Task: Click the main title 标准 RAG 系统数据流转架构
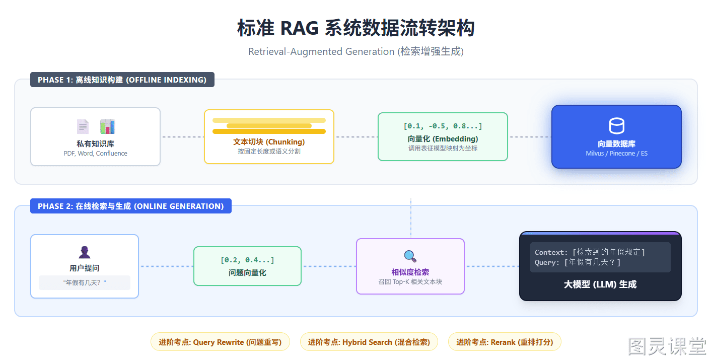[x=356, y=28]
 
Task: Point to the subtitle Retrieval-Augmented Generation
[x=321, y=51]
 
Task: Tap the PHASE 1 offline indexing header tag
[x=122, y=80]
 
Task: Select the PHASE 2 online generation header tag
[x=131, y=206]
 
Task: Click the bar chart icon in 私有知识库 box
[x=107, y=126]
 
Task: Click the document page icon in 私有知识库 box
[x=83, y=127]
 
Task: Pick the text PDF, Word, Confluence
[x=95, y=154]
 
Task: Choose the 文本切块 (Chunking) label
[x=269, y=142]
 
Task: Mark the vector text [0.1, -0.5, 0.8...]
[x=443, y=126]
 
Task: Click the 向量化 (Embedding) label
[x=443, y=139]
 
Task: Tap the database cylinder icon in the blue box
[x=617, y=126]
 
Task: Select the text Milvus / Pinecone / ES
[x=616, y=154]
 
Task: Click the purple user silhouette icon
[x=85, y=252]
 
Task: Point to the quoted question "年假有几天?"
[x=85, y=282]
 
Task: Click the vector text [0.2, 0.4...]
[x=247, y=260]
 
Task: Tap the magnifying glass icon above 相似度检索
[x=410, y=256]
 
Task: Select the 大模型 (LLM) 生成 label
[x=600, y=284]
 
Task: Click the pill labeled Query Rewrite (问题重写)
[x=220, y=342]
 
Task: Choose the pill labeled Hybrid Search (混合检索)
[x=369, y=342]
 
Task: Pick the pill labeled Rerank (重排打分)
[x=505, y=342]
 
